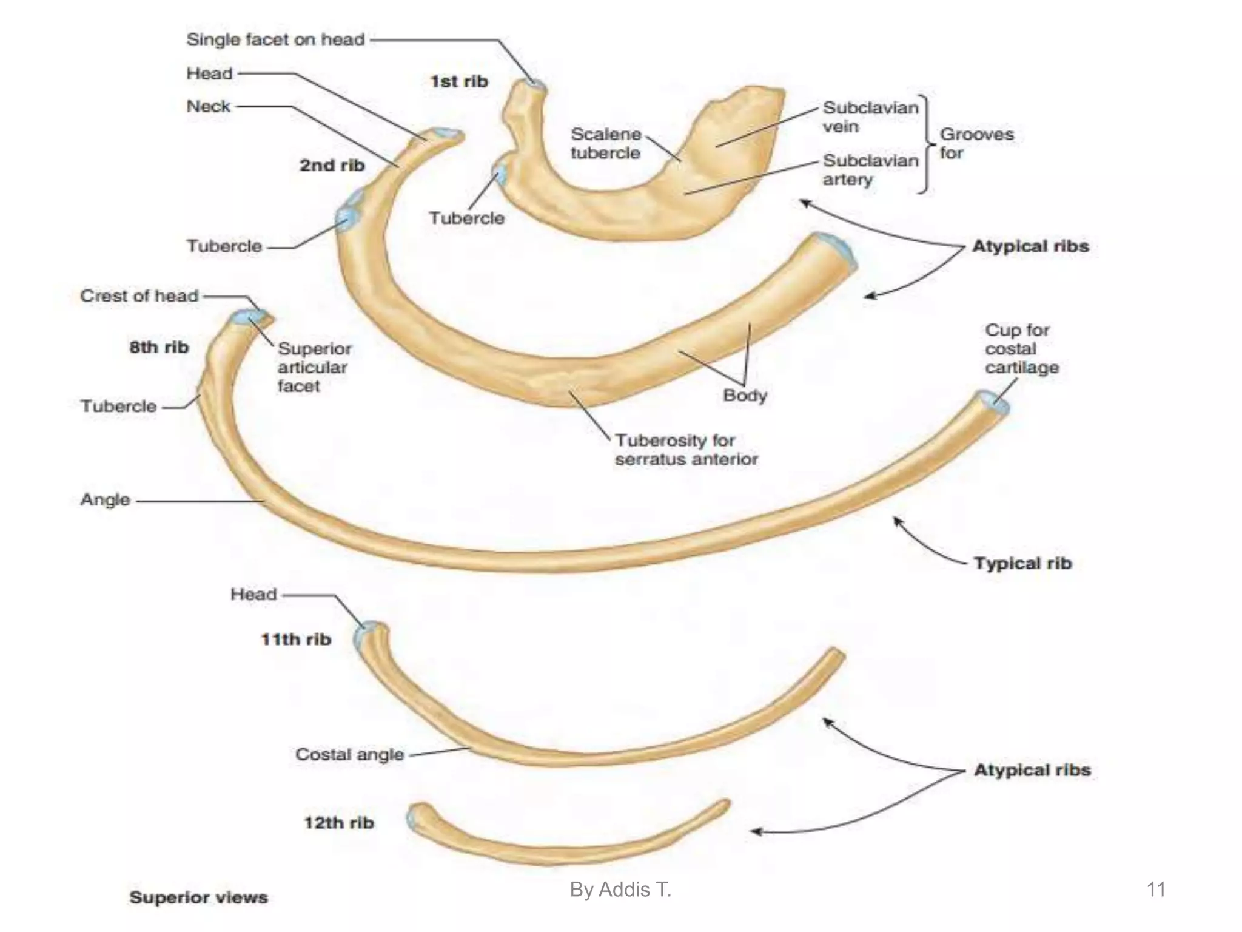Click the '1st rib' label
coord(458,81)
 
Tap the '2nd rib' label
coord(332,165)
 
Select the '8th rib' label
coord(159,347)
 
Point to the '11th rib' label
coord(296,639)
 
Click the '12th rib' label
coord(338,823)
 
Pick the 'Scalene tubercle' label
coord(605,143)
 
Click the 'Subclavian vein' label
coord(870,117)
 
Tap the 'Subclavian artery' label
coord(870,170)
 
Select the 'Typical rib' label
coord(1022,563)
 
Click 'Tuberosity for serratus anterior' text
coord(686,450)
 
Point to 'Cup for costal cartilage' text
coord(1021,349)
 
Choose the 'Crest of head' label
coord(139,295)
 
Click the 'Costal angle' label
coord(349,754)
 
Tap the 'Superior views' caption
coord(198,897)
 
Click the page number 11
coord(1156,890)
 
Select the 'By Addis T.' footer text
coord(620,890)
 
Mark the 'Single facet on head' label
coord(275,39)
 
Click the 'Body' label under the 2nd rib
coord(745,396)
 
